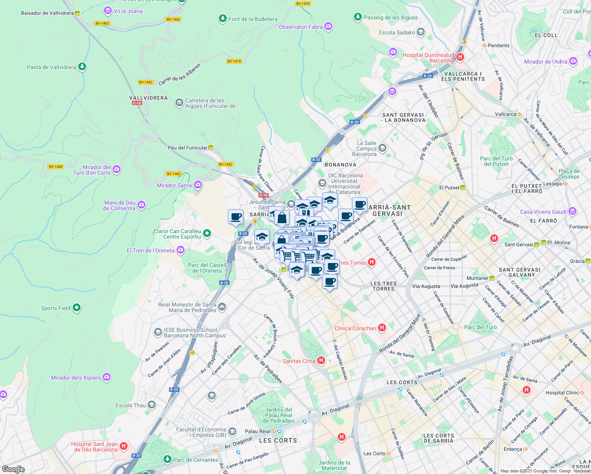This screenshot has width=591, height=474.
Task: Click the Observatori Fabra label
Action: (301, 27)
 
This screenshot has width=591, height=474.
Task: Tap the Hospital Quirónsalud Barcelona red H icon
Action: (460, 57)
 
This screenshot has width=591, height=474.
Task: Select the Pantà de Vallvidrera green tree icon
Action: (82, 67)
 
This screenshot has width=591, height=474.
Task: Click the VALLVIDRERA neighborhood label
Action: (149, 98)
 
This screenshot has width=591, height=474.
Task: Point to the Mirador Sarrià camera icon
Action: (198, 185)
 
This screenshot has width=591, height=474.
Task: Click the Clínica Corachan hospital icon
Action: (382, 327)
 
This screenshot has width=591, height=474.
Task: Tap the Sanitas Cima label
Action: (299, 361)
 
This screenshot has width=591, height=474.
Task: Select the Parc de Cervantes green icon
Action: (168, 459)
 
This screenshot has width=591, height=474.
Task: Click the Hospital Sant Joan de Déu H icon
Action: (124, 446)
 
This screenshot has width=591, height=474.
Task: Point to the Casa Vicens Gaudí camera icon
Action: (573, 211)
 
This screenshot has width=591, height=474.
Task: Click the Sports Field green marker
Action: (77, 308)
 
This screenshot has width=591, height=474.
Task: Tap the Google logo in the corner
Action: (13, 469)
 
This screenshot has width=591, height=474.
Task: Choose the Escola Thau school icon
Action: (152, 405)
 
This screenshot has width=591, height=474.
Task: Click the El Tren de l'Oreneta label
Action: (151, 250)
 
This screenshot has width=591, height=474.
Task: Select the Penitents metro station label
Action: (499, 45)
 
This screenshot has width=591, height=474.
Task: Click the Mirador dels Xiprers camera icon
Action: (107, 377)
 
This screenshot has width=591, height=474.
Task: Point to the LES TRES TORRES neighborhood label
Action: (384, 286)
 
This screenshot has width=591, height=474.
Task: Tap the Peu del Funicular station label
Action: (188, 148)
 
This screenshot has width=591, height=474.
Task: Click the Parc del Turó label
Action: (480, 327)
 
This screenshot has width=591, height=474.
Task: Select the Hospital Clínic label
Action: (562, 393)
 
